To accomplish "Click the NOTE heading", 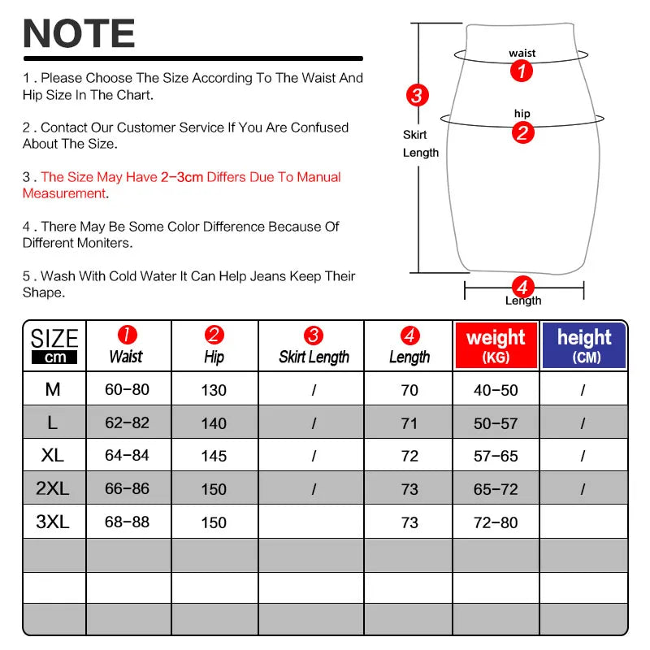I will [x=79, y=33].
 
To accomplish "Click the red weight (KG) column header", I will [x=496, y=345].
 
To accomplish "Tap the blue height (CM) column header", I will [x=584, y=345].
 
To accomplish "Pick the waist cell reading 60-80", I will [x=128, y=390].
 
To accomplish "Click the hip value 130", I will [x=214, y=390].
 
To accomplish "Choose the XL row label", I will [x=53, y=455].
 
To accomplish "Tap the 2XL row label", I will [x=53, y=488].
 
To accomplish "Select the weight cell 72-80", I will [x=496, y=522].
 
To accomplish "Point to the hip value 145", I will [x=214, y=456].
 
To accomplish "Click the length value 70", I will [x=409, y=390].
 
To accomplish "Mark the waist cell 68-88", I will [x=128, y=522].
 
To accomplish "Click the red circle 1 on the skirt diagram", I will [x=522, y=71].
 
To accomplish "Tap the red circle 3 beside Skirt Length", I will [x=417, y=95].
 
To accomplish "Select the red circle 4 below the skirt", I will [x=522, y=286].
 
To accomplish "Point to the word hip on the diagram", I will [x=522, y=114].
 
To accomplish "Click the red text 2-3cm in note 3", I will [x=182, y=177].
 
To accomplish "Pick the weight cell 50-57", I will [x=496, y=422].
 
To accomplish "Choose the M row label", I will [x=53, y=390].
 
